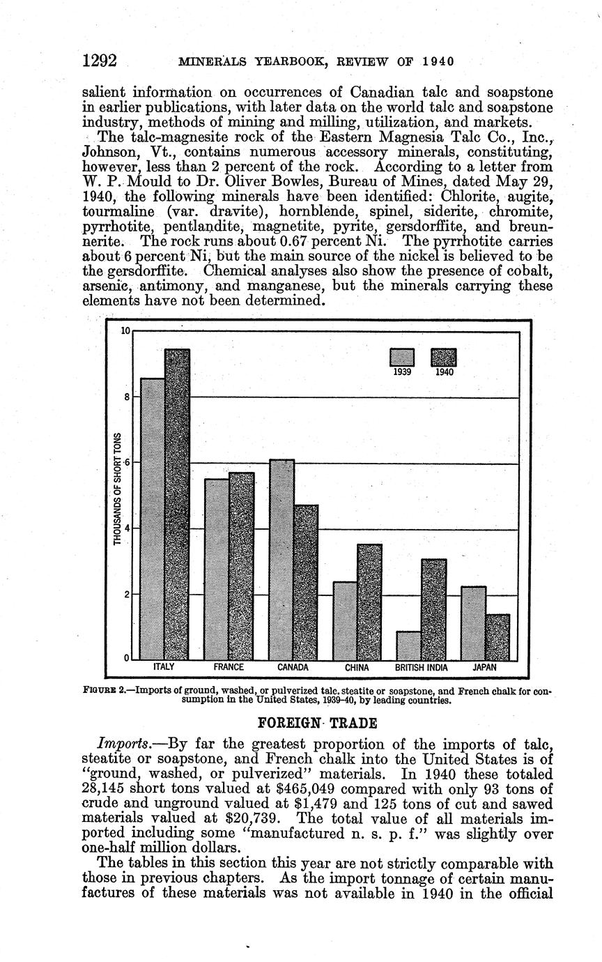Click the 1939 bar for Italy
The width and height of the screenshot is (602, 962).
(x=153, y=519)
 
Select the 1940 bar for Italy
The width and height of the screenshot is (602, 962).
(x=177, y=505)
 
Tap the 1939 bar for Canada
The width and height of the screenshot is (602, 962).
(x=281, y=560)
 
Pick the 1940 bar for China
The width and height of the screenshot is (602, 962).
(x=369, y=602)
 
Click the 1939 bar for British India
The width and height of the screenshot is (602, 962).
(x=408, y=646)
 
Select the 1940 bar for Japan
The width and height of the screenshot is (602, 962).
(x=497, y=637)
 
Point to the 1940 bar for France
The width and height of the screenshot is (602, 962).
(x=241, y=566)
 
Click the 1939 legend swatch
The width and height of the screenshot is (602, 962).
(x=402, y=357)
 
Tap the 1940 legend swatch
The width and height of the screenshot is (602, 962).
(x=444, y=357)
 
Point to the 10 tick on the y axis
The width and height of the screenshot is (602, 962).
(x=125, y=330)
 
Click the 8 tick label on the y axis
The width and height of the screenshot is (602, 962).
(x=126, y=397)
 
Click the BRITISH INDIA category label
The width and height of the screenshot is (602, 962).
(x=422, y=667)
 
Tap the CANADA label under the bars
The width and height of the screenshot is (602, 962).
(x=293, y=667)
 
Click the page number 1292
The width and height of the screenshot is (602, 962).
(x=99, y=61)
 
